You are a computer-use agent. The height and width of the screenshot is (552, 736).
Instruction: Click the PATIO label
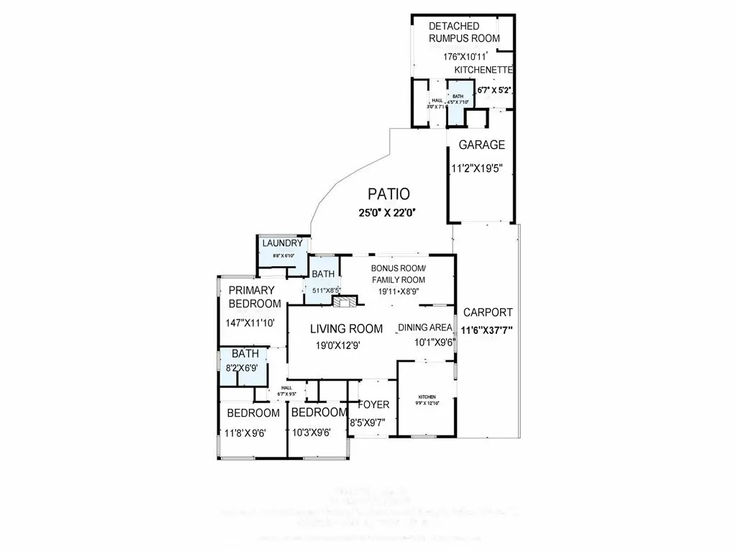point(389,194)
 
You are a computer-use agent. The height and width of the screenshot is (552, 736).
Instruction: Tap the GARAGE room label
point(481,145)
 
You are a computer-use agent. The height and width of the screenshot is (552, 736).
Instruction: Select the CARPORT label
point(488,312)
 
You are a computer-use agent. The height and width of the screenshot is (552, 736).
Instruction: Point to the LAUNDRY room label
point(282,243)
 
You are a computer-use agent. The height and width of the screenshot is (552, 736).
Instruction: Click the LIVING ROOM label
point(346,328)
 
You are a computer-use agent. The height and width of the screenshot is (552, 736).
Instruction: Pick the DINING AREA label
point(425,327)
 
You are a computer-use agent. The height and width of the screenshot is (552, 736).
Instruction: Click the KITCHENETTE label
point(483,70)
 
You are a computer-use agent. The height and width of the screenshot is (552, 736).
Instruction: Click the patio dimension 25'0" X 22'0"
point(389,212)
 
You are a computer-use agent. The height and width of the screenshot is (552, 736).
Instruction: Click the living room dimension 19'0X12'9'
point(337,345)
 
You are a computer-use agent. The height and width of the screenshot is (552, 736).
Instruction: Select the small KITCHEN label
point(428,397)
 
